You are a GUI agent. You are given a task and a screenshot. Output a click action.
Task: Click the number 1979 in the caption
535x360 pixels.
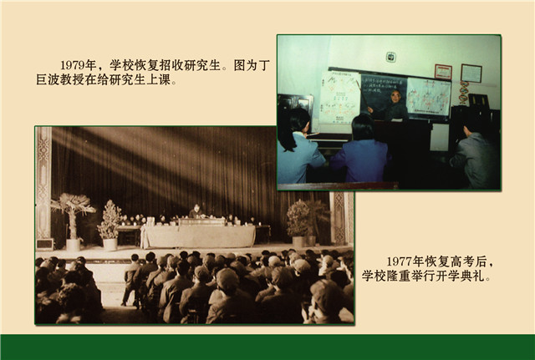coord(73,65)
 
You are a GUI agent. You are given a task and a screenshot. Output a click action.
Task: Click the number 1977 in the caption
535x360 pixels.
coord(400,261)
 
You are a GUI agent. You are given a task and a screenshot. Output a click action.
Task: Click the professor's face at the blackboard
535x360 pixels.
coord(395,96)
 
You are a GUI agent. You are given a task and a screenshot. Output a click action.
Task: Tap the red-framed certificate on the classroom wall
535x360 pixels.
coord(443,72)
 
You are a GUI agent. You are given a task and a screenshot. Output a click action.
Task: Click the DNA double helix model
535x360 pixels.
coord(463,92)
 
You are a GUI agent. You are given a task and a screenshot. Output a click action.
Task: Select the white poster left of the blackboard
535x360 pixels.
coord(339,98)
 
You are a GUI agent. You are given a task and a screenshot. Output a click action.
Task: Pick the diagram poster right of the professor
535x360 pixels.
coord(429,98)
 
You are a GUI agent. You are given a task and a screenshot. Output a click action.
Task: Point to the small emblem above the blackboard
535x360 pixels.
coord(390,57)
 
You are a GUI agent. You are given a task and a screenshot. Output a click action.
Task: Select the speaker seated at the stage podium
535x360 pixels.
coord(196,211)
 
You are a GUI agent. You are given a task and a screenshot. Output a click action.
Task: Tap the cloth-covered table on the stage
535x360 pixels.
coord(198,236)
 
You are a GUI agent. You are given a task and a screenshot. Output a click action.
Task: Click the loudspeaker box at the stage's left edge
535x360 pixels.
coord(44,244)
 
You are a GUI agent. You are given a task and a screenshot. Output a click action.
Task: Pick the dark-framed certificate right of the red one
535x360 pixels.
coord(471,74)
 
